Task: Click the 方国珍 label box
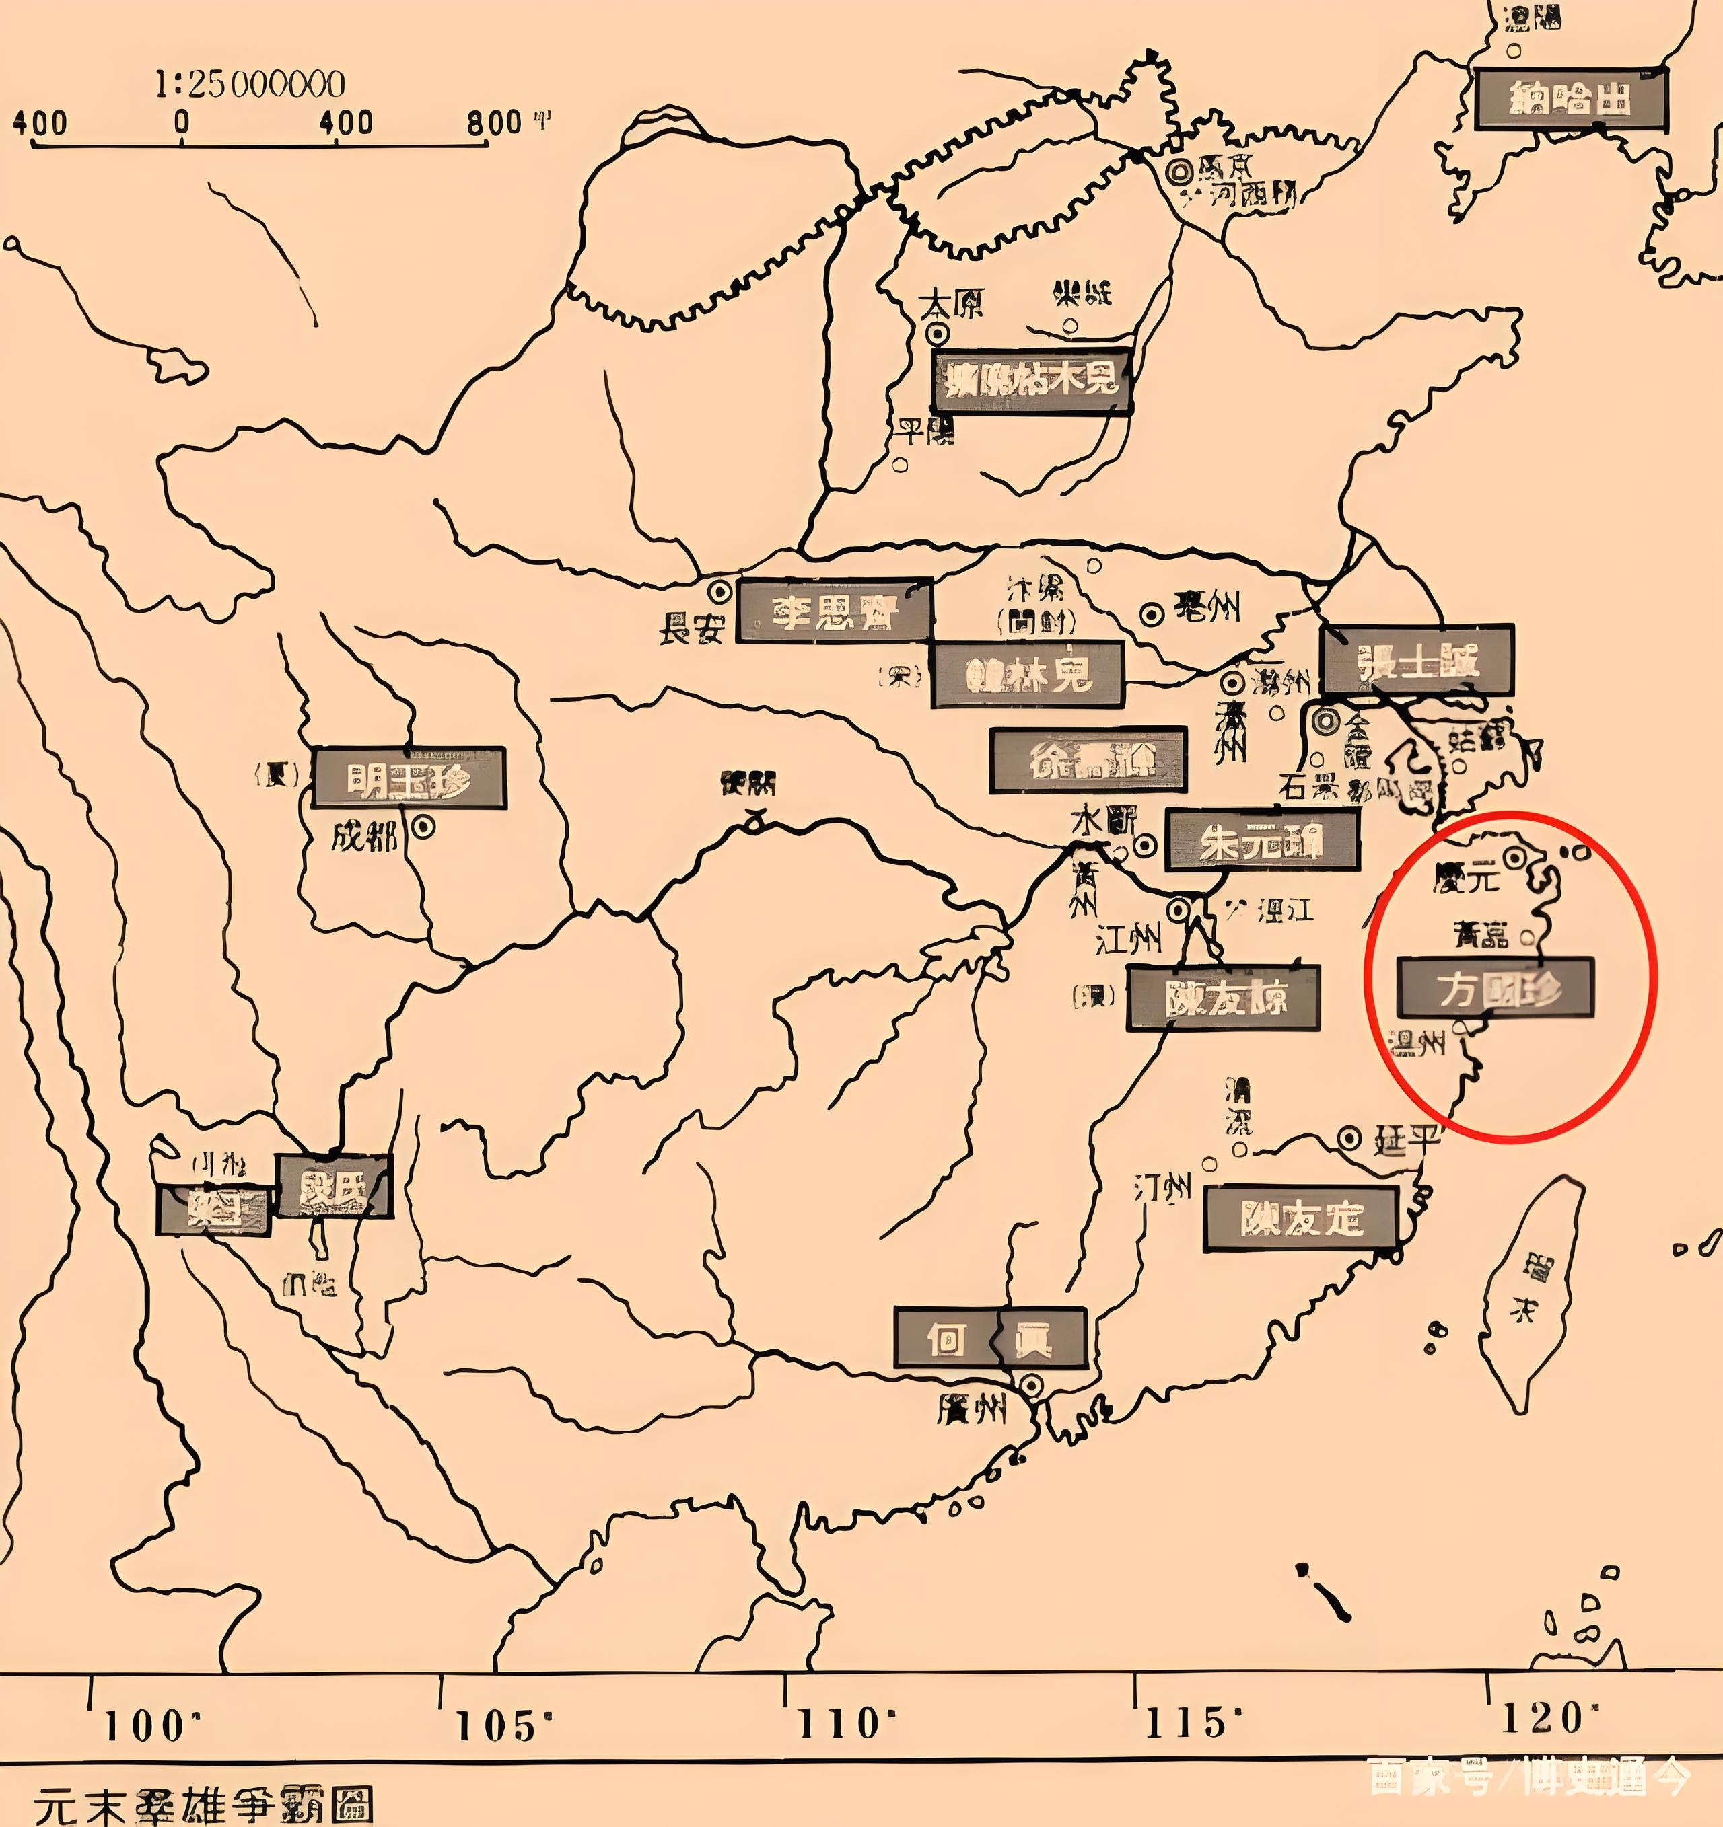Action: [1495, 987]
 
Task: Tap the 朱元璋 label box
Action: [1261, 840]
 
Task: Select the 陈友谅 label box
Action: [1223, 997]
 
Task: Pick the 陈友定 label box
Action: [1300, 1219]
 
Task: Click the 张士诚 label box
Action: [1417, 660]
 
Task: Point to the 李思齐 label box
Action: [835, 610]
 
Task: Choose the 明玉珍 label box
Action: [409, 778]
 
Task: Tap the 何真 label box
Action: [990, 1338]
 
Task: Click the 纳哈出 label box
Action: [1570, 98]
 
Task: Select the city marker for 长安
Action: [720, 590]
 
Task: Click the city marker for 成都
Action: [424, 827]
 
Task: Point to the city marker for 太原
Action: [937, 333]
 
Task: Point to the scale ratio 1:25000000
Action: [249, 85]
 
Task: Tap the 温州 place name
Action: [1419, 1043]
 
